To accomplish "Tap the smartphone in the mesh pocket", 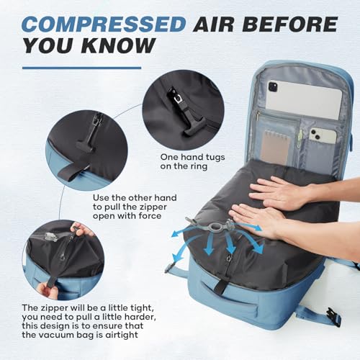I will point(322,135).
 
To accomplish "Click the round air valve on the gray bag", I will point(214,228).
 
